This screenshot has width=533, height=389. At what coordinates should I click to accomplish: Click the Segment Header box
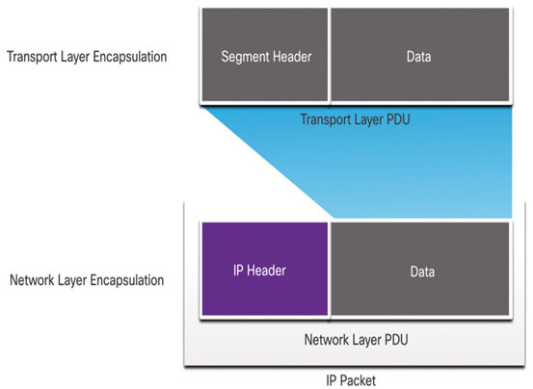[x=265, y=55]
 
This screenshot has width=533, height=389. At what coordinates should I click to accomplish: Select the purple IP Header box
[x=265, y=269]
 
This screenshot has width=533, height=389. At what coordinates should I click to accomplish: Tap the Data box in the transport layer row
[x=420, y=55]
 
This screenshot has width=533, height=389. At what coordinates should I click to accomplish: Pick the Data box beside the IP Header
[x=420, y=269]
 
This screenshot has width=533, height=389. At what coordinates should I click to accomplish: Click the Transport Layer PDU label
[x=356, y=119]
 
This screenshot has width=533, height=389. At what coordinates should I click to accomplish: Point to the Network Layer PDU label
[x=356, y=340]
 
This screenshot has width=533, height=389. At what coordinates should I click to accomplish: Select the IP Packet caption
[x=351, y=380]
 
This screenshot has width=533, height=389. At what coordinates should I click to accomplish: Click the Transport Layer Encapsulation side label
[x=87, y=57]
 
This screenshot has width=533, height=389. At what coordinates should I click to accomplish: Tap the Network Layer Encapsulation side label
[x=87, y=280]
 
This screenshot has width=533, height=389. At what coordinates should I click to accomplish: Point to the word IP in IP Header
[x=238, y=271]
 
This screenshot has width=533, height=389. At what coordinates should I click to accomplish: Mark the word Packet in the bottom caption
[x=358, y=380]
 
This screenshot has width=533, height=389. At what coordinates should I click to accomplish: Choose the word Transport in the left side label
[x=32, y=57]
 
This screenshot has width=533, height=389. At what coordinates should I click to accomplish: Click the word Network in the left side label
[x=32, y=280]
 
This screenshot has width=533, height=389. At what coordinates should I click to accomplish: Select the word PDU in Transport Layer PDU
[x=397, y=119]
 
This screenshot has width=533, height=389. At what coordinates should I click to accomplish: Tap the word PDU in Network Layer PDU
[x=396, y=340]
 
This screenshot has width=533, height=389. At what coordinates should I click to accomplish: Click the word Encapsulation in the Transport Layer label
[x=130, y=57]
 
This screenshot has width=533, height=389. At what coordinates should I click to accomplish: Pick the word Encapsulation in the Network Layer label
[x=127, y=280]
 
